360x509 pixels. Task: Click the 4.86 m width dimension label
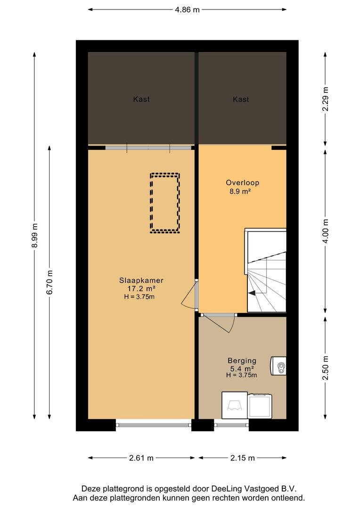point(188,10)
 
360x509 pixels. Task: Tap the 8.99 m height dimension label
point(35,235)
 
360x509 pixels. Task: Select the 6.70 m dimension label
point(49,282)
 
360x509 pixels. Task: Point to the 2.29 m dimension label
point(325,99)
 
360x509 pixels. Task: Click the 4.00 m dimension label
point(325,231)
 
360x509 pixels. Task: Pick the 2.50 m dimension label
point(325,368)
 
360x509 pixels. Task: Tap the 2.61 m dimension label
point(141,458)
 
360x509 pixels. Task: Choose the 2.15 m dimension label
point(243,458)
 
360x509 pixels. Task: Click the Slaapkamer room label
point(141,280)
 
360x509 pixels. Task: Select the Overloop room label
point(243,182)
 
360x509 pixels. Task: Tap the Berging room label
point(242,361)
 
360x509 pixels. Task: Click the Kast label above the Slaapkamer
point(141,99)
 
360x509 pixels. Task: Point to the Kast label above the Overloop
point(241,99)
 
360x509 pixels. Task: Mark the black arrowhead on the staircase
point(252,293)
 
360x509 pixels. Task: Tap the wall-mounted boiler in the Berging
point(278,366)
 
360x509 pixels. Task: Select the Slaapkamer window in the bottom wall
point(154,424)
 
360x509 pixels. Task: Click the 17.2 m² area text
point(141,288)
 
